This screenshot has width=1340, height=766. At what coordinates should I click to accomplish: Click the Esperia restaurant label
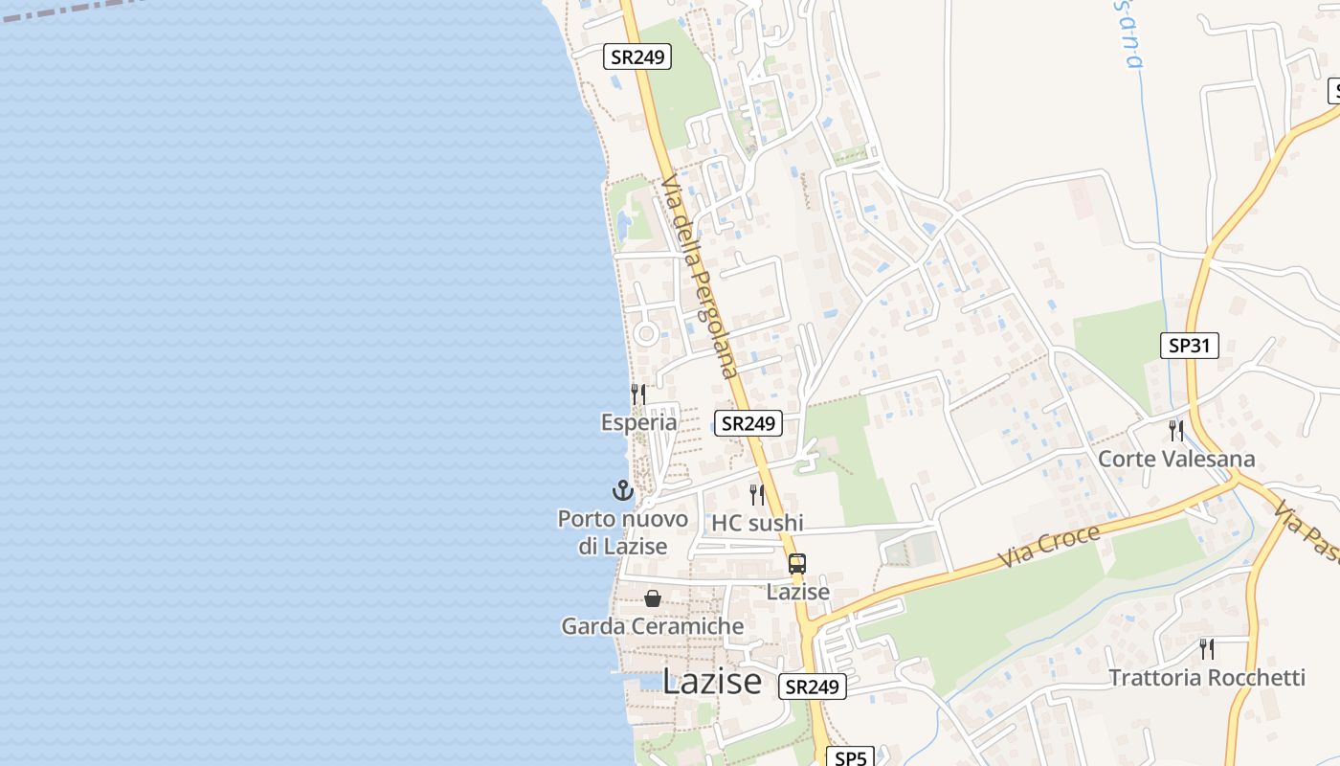pyautogui.click(x=638, y=422)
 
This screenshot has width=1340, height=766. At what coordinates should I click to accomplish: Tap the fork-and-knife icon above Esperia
pyautogui.click(x=638, y=394)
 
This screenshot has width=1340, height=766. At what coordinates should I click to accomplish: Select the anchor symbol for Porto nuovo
pyautogui.click(x=623, y=491)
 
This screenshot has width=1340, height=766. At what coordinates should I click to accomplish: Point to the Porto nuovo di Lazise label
pyautogui.click(x=623, y=532)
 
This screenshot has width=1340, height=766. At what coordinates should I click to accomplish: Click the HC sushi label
pyautogui.click(x=757, y=523)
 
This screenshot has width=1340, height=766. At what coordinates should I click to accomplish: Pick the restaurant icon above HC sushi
pyautogui.click(x=757, y=494)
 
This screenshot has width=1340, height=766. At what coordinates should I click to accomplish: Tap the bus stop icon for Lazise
pyautogui.click(x=797, y=564)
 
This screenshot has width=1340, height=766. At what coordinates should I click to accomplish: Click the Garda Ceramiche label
pyautogui.click(x=652, y=626)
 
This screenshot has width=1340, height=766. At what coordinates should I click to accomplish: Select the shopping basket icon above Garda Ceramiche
pyautogui.click(x=653, y=598)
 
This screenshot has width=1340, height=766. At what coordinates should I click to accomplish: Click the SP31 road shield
pyautogui.click(x=1190, y=346)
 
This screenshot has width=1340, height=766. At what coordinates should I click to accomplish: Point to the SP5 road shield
pyautogui.click(x=850, y=757)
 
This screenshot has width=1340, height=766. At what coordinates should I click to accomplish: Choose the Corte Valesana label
pyautogui.click(x=1175, y=459)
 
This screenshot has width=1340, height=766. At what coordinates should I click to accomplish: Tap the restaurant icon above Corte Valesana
pyautogui.click(x=1175, y=430)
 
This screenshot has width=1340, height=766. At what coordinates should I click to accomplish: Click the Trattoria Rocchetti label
pyautogui.click(x=1206, y=678)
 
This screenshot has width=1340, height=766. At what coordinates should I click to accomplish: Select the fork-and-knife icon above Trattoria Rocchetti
pyautogui.click(x=1207, y=649)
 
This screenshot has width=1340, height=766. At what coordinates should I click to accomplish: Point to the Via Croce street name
pyautogui.click(x=1049, y=546)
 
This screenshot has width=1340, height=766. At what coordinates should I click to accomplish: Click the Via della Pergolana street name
pyautogui.click(x=700, y=277)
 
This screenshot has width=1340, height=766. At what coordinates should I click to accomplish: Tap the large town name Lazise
pyautogui.click(x=712, y=682)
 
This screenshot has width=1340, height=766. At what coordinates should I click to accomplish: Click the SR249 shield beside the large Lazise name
pyautogui.click(x=812, y=687)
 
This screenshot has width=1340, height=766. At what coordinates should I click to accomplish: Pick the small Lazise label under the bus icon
pyautogui.click(x=797, y=592)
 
